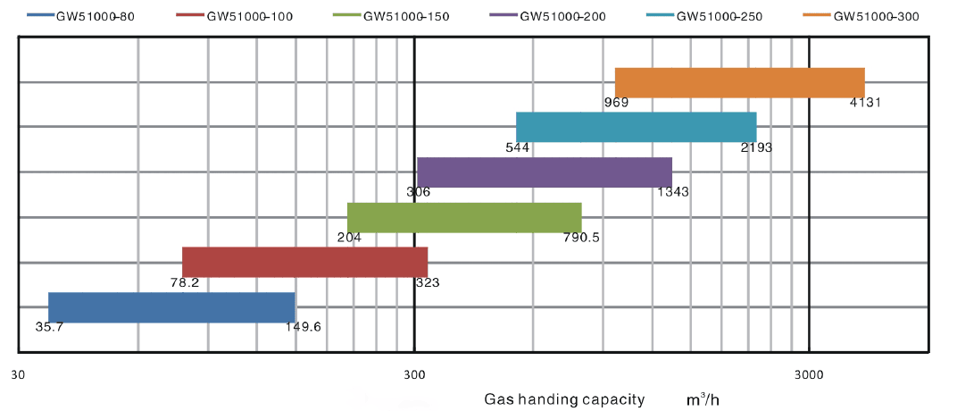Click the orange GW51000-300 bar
point(739,83)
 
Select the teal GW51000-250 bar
point(636,127)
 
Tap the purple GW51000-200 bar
point(544,172)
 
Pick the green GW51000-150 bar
point(464,217)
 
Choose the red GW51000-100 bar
point(304,262)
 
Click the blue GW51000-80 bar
point(171,307)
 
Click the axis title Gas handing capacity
point(564,399)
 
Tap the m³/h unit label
point(703,398)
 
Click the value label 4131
point(865,102)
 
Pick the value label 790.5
point(581,238)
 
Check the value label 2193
point(755,147)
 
